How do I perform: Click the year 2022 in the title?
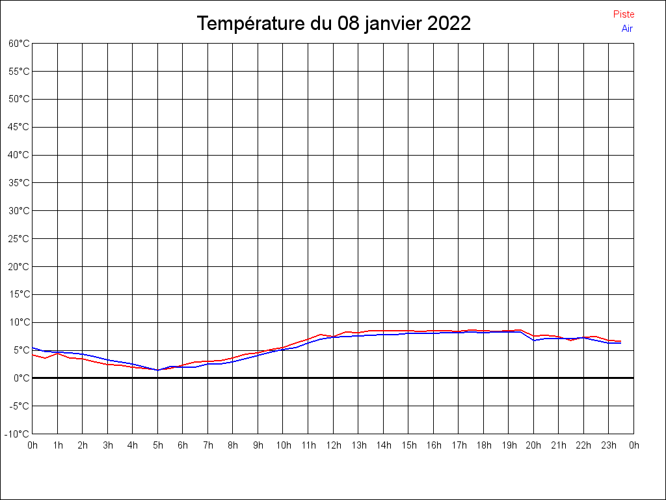(449, 24)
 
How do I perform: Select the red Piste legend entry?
(624, 14)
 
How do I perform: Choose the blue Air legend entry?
(627, 28)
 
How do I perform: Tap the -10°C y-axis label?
(18, 434)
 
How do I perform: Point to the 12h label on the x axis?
(333, 445)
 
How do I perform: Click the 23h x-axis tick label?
(609, 445)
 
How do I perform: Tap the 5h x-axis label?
(157, 445)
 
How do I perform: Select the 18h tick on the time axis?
(483, 445)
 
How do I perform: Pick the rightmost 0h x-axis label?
(634, 445)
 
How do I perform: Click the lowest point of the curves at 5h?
(157, 370)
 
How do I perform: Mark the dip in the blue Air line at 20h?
(534, 340)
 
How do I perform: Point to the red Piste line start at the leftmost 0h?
(33, 354)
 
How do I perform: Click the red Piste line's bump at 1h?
(58, 353)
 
